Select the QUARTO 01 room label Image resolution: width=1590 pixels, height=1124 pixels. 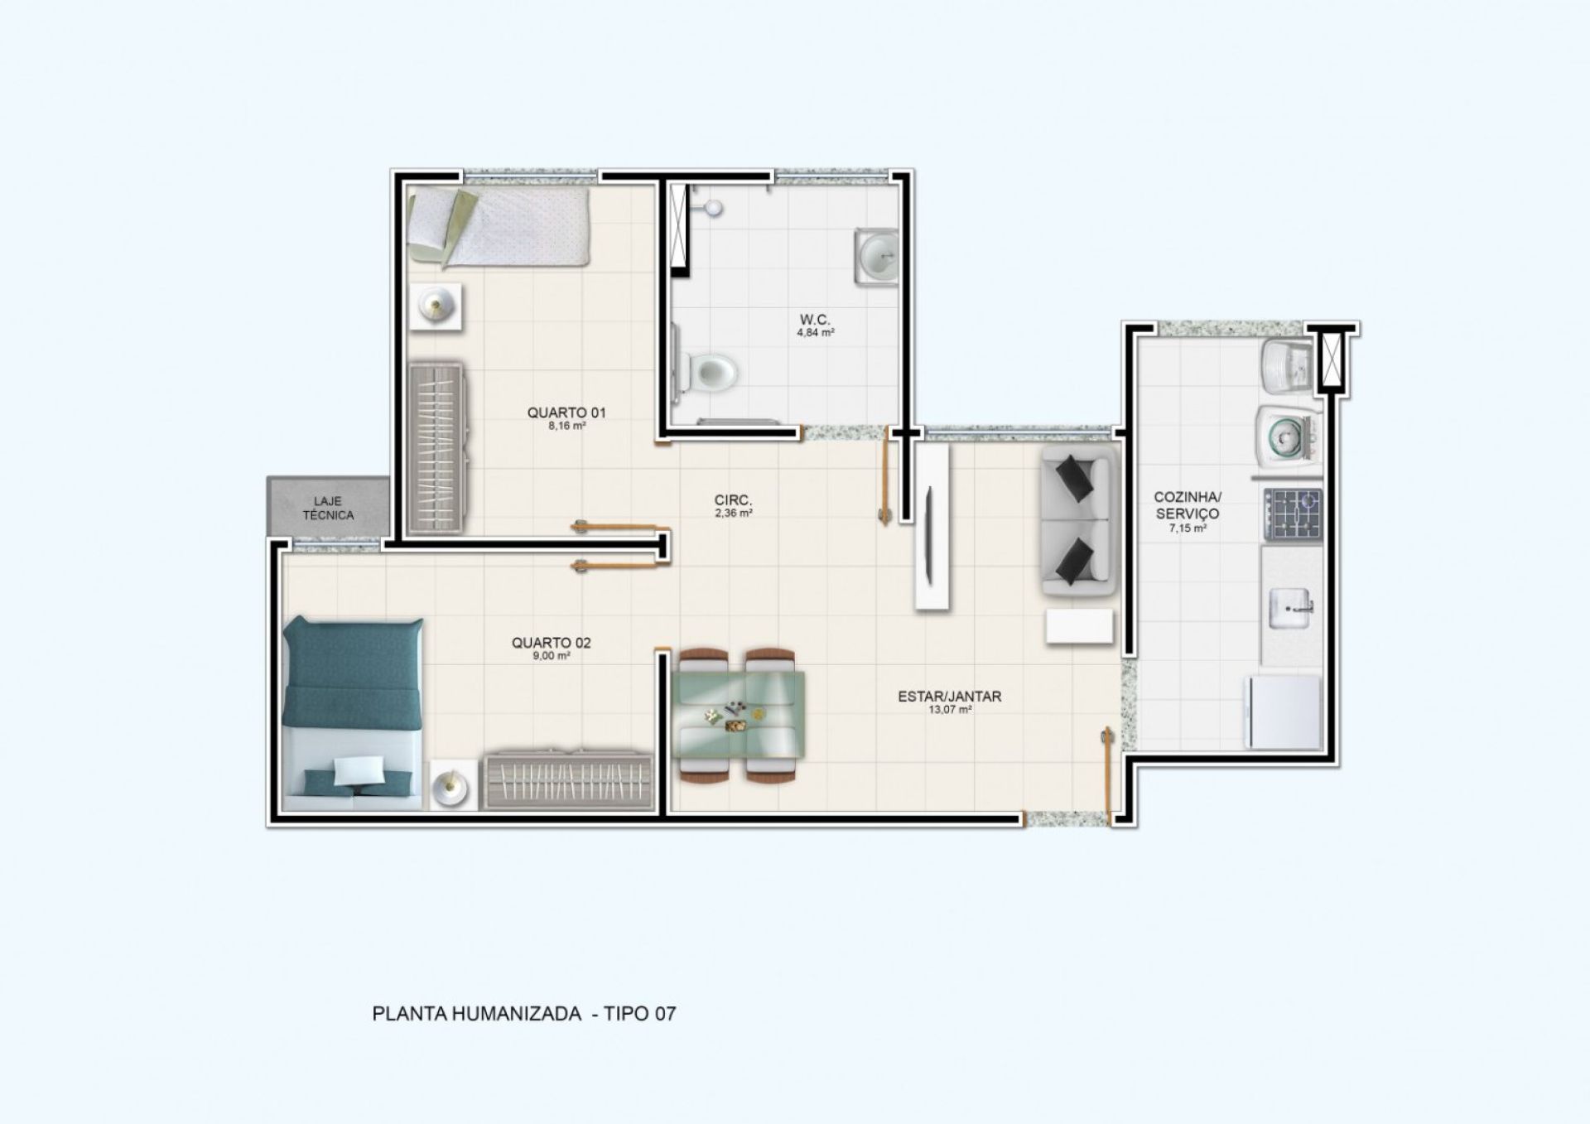coord(566,412)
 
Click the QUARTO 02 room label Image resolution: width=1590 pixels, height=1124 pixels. coord(551,643)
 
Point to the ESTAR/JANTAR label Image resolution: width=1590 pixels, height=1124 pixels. coord(949,697)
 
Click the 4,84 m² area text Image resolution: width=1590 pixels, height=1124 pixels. coord(815,333)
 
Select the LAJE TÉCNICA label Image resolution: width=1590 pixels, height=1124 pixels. coord(328,509)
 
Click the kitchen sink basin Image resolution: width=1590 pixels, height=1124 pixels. coord(1289,609)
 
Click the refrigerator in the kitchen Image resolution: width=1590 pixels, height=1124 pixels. coord(1284,712)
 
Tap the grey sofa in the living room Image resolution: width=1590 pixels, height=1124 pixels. coord(1075,521)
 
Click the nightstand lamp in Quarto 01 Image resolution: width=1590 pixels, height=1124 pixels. coord(436,306)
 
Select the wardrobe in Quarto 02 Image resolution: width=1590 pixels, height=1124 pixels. coord(569,781)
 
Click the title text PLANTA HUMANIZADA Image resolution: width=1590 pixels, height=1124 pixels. coord(477,1014)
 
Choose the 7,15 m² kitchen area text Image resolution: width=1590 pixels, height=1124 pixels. coord(1188,528)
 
